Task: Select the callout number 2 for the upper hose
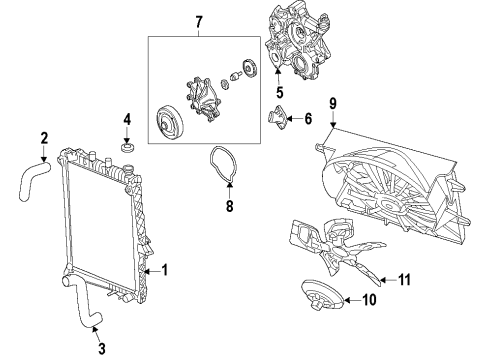44,139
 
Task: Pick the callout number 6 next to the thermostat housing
307,119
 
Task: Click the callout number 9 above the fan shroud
332,102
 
